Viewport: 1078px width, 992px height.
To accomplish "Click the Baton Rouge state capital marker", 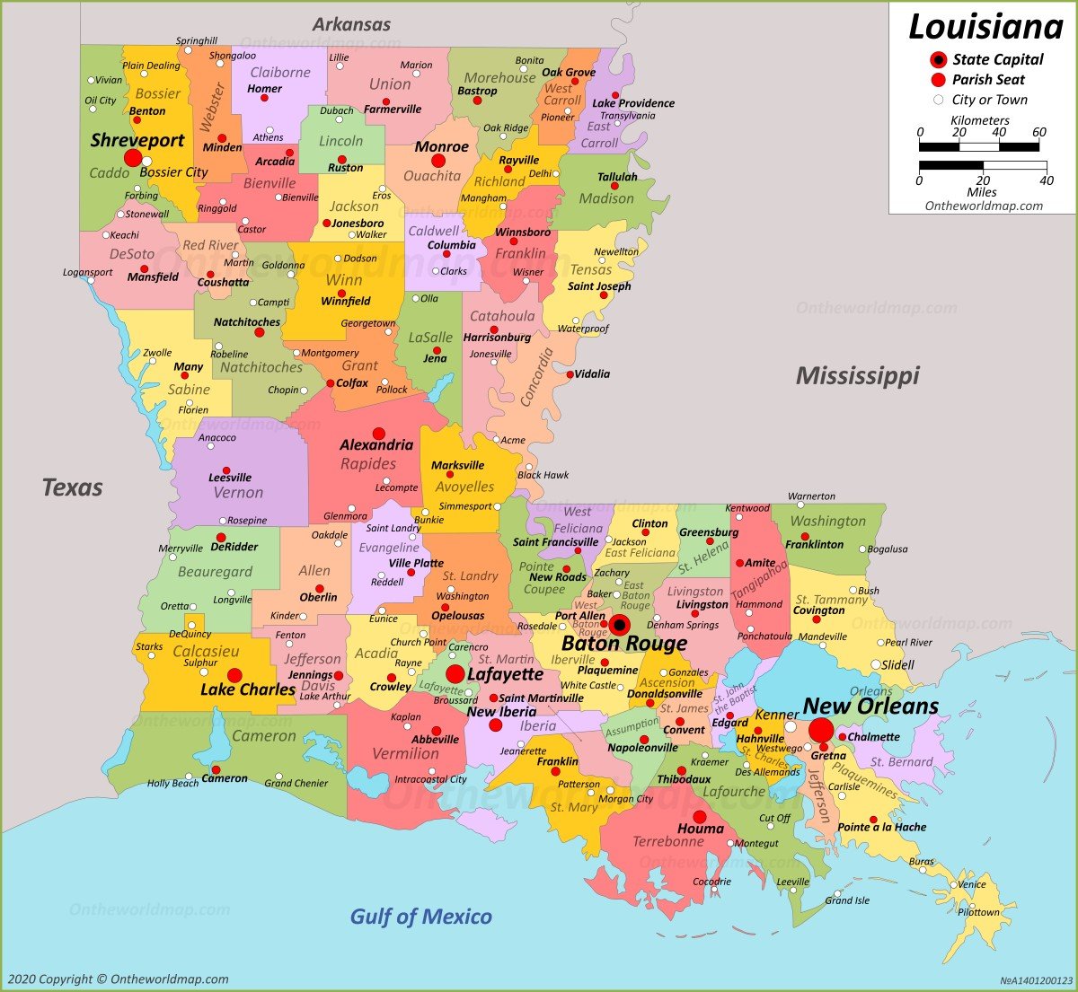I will [619, 625].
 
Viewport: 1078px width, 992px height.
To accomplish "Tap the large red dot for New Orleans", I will [821, 729].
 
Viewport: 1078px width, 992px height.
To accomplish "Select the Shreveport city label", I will [137, 140].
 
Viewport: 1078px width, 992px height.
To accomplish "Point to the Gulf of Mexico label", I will [420, 917].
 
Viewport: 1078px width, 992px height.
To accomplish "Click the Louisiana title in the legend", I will [985, 27].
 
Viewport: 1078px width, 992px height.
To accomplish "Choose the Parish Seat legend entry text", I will [989, 79].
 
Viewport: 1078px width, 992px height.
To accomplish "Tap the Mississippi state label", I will [857, 375].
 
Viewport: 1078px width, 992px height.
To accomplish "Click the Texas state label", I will [72, 487].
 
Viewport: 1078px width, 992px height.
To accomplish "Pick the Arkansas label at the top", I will [351, 24].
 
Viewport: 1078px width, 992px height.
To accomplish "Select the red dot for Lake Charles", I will [234, 675].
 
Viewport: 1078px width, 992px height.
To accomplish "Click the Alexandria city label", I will [376, 445].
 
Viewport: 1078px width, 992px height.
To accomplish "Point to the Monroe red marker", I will [438, 161].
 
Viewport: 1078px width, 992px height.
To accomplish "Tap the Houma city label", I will [700, 829].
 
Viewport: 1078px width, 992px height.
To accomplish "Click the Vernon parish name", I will [238, 493].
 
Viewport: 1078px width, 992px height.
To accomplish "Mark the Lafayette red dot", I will [455, 673].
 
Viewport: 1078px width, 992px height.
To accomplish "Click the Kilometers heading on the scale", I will [980, 120].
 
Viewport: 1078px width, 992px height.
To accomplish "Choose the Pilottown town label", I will [978, 912].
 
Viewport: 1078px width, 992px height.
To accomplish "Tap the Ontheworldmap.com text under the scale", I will [984, 206].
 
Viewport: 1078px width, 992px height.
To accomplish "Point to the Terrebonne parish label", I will [668, 842].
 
